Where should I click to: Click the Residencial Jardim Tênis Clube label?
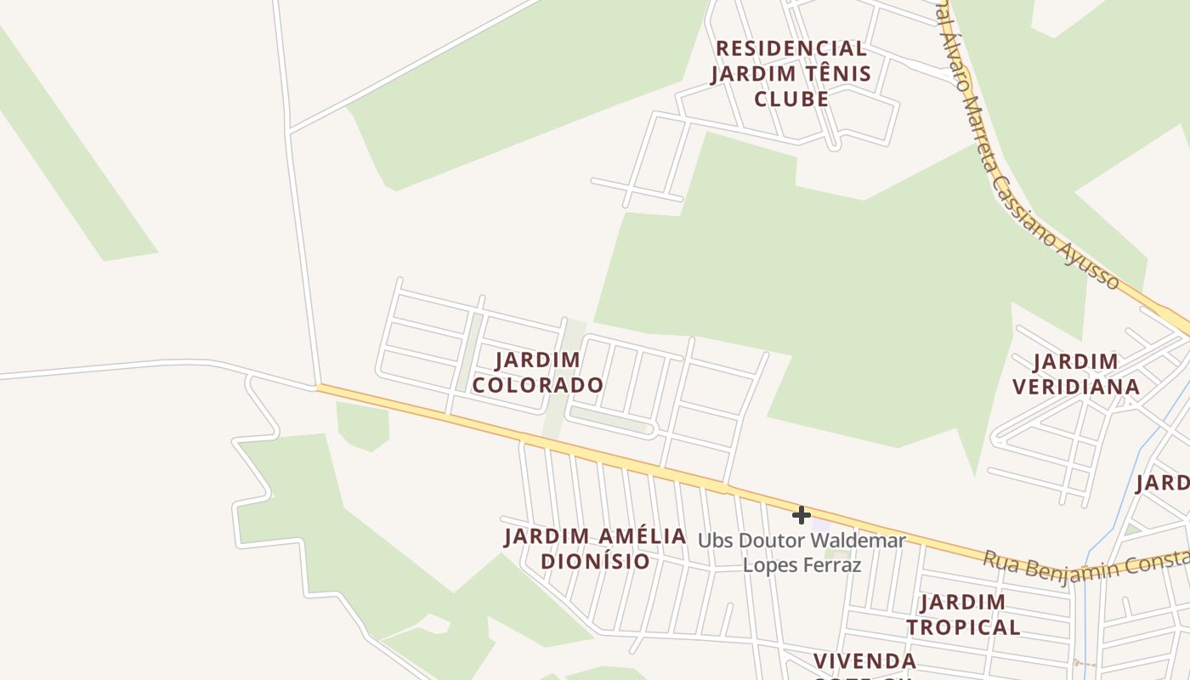tap(791, 73)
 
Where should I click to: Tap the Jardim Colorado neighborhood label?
tap(538, 372)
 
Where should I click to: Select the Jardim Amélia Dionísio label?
tap(595, 548)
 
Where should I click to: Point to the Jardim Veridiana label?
tap(1076, 374)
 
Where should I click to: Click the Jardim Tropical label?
tap(963, 615)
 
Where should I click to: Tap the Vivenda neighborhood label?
tap(864, 661)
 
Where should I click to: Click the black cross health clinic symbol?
tap(801, 515)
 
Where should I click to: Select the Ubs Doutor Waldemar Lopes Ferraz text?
tap(802, 552)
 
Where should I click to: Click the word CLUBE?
tap(791, 99)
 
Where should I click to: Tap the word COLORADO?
tap(538, 385)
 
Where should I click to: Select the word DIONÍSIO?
tap(595, 561)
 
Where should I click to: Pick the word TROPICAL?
tap(963, 627)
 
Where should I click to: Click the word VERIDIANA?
tap(1076, 387)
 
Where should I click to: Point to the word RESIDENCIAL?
tap(791, 48)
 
